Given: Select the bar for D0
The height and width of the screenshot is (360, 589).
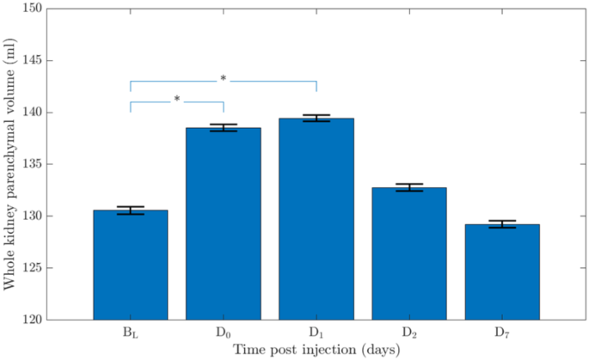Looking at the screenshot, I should click(x=223, y=223).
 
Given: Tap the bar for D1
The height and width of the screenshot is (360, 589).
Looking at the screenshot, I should click(x=316, y=219).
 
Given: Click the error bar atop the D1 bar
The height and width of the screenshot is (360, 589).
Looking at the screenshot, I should click(x=316, y=119).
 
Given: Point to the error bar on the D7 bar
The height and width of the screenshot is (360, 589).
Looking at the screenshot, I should click(x=502, y=224).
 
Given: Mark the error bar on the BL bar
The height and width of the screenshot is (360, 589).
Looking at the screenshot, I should click(x=130, y=211).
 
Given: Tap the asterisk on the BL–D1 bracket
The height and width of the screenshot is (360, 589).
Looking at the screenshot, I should click(x=224, y=79).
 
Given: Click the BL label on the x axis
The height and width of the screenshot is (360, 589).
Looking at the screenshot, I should click(x=130, y=333).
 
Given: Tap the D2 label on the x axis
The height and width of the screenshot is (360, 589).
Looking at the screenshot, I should click(x=409, y=333).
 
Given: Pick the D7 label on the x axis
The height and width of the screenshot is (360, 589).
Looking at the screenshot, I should click(x=502, y=333).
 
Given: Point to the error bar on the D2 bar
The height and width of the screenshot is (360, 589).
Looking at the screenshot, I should click(x=409, y=187).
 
